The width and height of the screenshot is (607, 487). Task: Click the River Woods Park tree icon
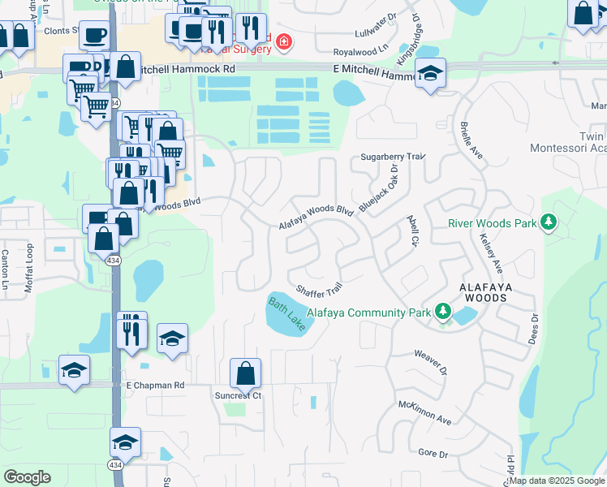coord(549,222)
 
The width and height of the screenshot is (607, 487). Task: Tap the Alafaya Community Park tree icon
coord(443,311)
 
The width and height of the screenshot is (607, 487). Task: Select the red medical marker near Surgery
coord(283,41)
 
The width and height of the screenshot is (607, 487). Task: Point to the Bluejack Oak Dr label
coord(379,190)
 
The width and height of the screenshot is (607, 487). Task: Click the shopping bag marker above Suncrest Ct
coord(245,374)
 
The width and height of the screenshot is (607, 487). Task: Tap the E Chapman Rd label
coord(155,385)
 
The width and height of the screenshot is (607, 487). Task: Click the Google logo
coord(27,477)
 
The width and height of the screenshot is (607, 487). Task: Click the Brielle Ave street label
coord(471,142)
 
